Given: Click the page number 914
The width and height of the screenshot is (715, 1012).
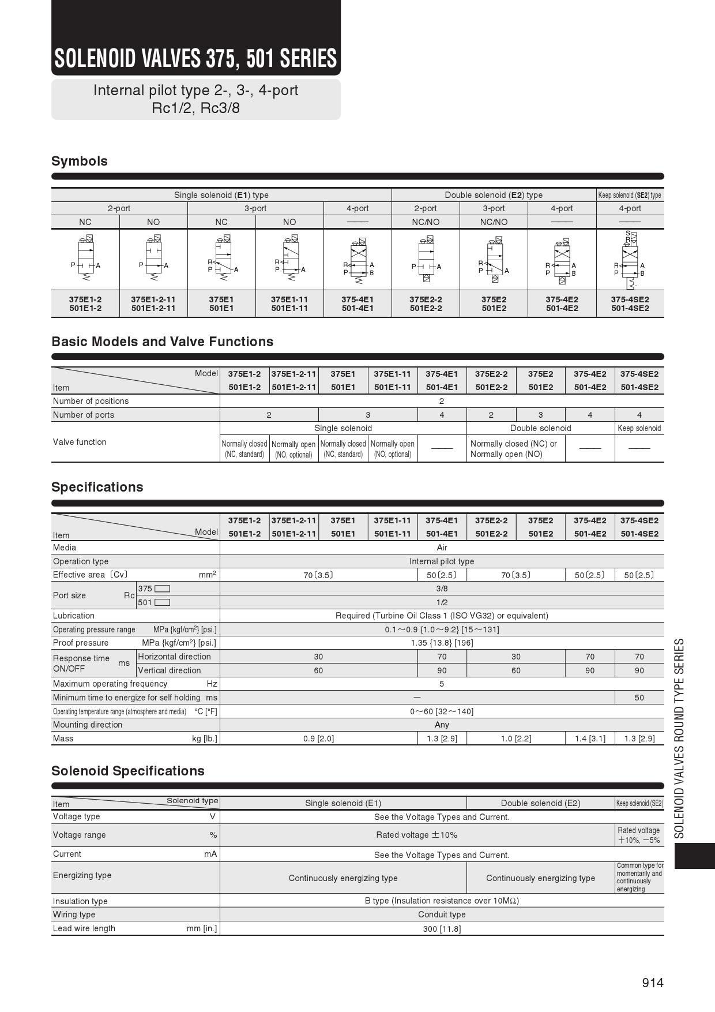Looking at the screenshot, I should pos(653,983).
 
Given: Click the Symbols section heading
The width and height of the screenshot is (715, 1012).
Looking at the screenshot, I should pos(80,161).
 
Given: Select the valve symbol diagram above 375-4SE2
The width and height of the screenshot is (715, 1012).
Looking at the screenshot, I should pos(630,260).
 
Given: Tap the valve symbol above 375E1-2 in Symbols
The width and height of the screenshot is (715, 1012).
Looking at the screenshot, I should pos(85,259).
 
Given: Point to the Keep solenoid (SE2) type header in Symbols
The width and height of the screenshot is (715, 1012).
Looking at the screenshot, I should pos(630,195).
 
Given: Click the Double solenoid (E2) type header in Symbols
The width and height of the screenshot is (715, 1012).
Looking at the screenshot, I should pos(494,195).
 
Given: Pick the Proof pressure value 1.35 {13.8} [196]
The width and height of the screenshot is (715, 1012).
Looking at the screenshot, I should pos(442,643).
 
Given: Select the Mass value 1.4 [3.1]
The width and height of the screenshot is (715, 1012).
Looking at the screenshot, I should pos(590,739).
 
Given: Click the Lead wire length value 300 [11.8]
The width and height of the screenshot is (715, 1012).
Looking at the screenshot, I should pos(442,929).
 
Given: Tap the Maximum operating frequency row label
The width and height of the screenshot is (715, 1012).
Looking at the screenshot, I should pos(110,684).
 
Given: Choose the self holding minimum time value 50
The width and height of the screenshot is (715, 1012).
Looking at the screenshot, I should pos(639,698).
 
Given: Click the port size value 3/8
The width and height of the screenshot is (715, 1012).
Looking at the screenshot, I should pos(442,589).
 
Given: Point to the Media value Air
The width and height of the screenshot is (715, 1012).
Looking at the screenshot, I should pos(442,548).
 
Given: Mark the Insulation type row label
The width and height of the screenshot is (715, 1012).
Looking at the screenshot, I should pos(80,901).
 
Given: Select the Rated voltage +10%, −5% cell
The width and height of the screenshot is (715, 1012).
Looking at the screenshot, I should pos(639,835).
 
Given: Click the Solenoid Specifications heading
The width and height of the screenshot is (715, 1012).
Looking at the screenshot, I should pos(128,771).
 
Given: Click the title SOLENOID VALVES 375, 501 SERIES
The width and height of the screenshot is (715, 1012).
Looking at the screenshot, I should pos(195,58).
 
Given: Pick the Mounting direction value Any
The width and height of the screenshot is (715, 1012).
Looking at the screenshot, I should pos(442,725).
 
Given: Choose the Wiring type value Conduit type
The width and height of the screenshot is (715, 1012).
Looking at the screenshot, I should pos(442,914).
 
